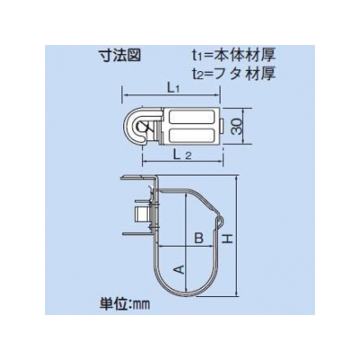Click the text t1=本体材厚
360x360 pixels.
click(233, 55)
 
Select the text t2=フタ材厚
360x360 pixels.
click(233, 74)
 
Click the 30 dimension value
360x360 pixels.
click(237, 127)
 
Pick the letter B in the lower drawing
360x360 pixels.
click(199, 238)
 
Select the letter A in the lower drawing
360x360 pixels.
click(179, 269)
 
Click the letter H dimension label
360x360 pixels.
click(228, 239)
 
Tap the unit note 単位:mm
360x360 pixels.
click(124, 304)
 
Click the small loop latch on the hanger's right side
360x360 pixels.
click(220, 221)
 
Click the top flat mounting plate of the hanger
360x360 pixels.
click(139, 178)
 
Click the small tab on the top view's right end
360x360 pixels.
click(221, 126)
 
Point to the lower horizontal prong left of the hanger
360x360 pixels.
click(137, 233)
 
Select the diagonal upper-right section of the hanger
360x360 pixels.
click(207, 202)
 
